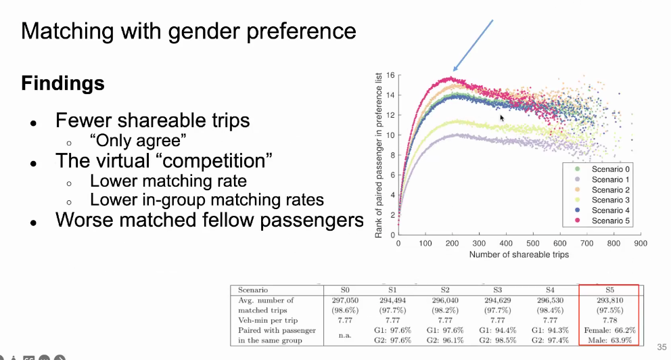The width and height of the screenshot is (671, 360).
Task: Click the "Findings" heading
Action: (x=63, y=84)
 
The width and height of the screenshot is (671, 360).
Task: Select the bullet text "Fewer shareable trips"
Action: (x=153, y=120)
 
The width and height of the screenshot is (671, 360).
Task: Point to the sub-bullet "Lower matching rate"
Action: (x=168, y=181)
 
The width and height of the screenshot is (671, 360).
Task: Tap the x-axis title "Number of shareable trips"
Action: (x=519, y=255)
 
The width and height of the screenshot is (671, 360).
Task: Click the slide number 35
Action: (x=661, y=345)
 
